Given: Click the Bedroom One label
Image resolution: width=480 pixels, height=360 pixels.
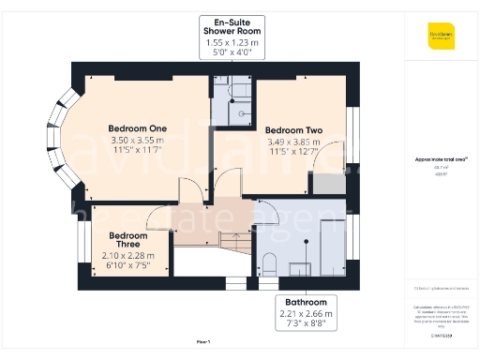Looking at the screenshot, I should click(137, 128).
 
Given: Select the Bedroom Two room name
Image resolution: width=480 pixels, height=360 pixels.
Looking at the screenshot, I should click(292, 129).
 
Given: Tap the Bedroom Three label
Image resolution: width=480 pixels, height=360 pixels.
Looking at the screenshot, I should click(129, 241).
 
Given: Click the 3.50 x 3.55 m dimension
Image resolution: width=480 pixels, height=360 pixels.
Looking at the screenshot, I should click(137, 141).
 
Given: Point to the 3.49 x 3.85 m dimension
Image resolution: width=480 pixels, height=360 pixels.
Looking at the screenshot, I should click(292, 142).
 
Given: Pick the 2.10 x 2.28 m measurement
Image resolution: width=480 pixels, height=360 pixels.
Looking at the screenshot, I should click(129, 256).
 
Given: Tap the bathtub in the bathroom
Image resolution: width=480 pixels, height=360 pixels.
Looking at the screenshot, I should click(332, 247).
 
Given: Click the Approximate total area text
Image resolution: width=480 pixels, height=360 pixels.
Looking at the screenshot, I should click(440, 159).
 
